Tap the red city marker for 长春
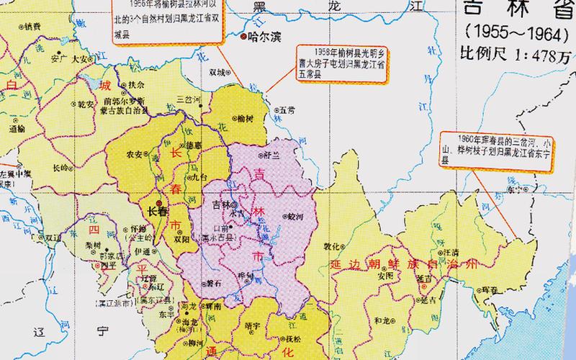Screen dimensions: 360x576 coord(160,202)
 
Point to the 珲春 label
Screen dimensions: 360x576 coord(490,289)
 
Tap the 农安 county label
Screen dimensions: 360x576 coord(134,153)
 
